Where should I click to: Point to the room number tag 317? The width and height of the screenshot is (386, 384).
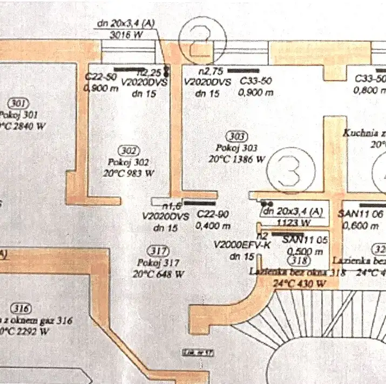tap(158, 250)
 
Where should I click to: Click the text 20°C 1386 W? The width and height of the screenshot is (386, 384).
tap(238, 159)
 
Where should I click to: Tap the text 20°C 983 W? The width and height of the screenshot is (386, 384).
tap(130, 173)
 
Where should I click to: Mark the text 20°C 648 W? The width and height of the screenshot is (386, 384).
tap(158, 274)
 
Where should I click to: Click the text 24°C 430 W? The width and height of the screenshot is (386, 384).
tap(300, 283)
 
